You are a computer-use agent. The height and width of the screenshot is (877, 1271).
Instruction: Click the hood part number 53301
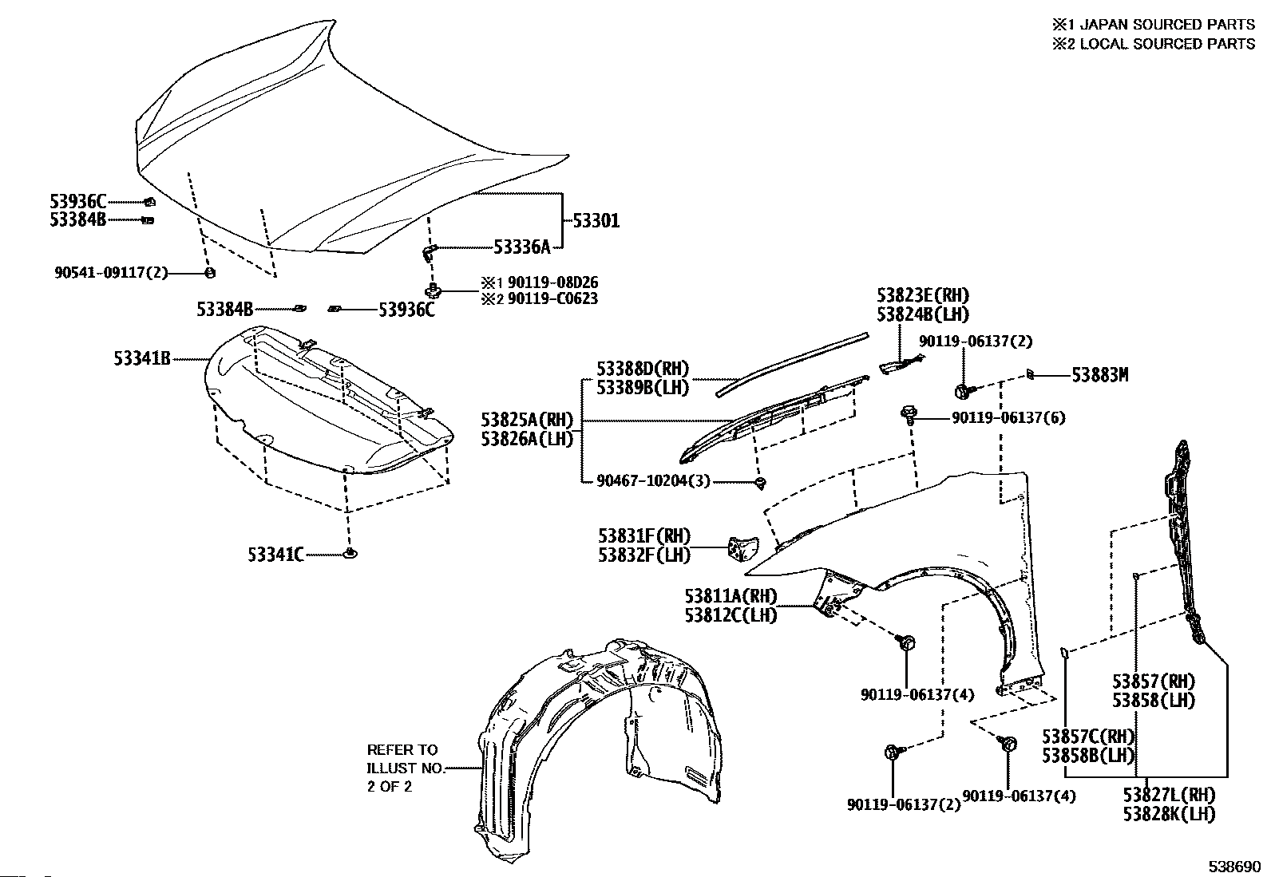pos(593,220)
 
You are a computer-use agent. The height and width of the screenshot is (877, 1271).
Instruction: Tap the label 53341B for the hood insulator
pos(142,359)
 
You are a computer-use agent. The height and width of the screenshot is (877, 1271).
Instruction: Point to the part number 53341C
pos(275,554)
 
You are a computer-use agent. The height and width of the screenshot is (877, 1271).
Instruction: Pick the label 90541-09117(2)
pos(112,272)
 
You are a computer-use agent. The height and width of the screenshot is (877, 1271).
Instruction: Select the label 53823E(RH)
pos(923,296)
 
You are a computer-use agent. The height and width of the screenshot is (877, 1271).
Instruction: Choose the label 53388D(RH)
pos(643,369)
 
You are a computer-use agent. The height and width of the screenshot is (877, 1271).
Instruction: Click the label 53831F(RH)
pos(644,535)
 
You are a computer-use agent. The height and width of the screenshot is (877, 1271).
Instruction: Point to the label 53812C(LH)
pos(731,615)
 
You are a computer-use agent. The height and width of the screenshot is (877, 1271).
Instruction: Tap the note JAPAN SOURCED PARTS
pos(1161,24)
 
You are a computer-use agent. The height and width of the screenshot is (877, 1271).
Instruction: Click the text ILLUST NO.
pos(402,768)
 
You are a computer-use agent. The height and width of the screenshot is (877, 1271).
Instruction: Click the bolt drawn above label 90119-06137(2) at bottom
pos(893,752)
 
